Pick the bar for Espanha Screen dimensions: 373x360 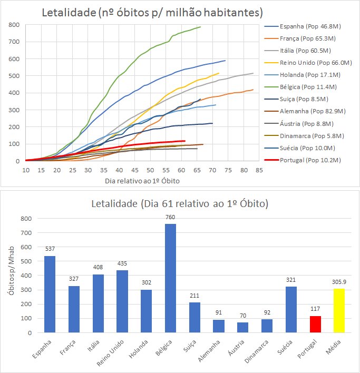coord(50,295)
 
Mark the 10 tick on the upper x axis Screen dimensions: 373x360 coord(25,170)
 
